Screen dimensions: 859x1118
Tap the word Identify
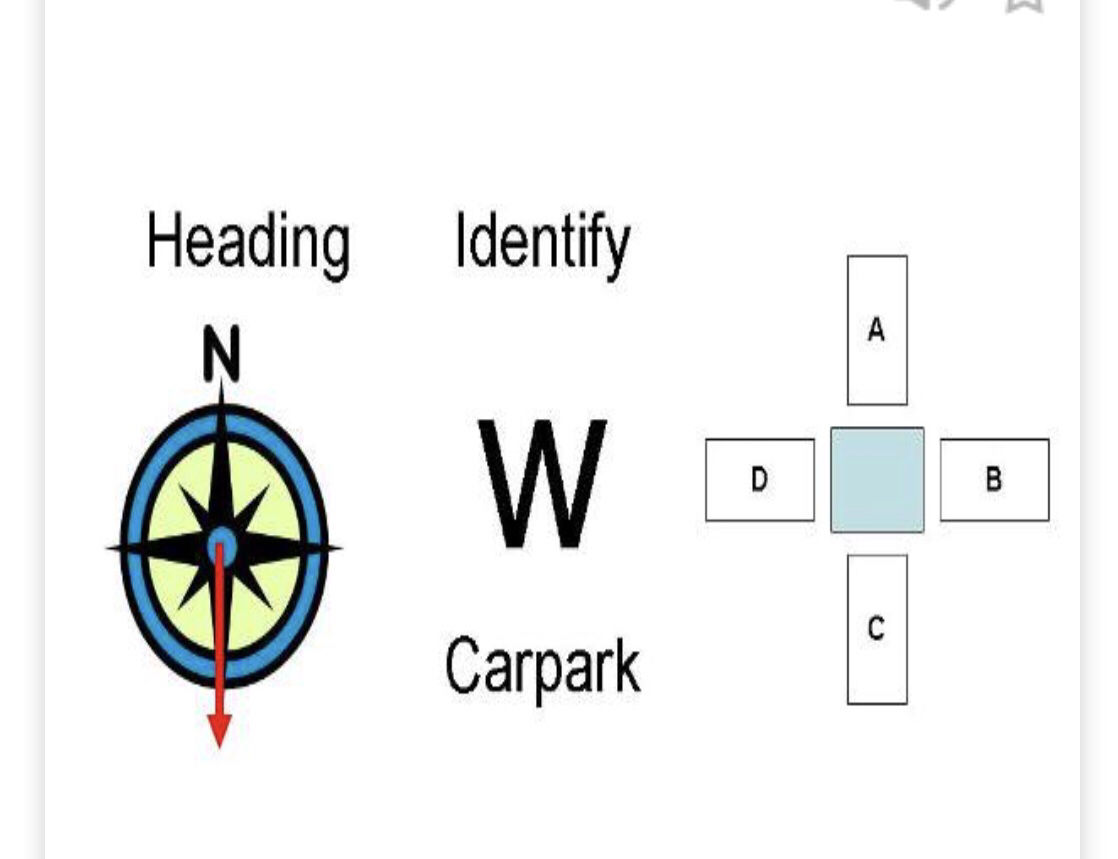[x=542, y=243]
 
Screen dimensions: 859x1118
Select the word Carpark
[x=542, y=667]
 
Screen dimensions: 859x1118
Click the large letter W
[x=542, y=484]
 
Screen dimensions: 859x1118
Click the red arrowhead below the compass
[x=219, y=731]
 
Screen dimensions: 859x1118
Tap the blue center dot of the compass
[x=221, y=547]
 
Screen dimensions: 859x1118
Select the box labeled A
[x=877, y=330]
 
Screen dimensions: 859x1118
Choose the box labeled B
[x=994, y=480]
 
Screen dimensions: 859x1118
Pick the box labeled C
[x=877, y=630]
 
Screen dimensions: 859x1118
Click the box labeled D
[x=759, y=480]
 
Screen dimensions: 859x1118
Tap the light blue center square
[x=877, y=480]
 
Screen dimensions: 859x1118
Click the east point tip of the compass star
[x=338, y=547]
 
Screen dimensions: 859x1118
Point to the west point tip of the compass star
[x=109, y=547]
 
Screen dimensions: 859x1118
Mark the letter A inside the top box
[x=877, y=330]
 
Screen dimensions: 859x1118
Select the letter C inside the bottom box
[x=877, y=629]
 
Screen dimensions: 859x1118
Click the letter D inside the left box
[x=759, y=480]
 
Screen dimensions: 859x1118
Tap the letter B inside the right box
[x=994, y=480]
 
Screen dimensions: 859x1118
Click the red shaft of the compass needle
[x=219, y=640]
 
